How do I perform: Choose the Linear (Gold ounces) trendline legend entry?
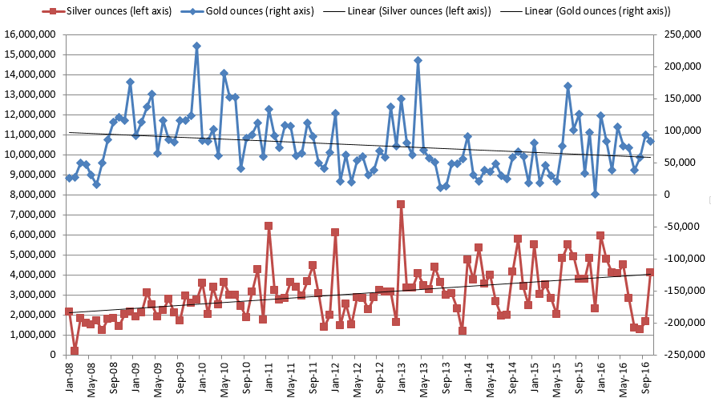click(x=596, y=11)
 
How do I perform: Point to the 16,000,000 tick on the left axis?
click(x=33, y=34)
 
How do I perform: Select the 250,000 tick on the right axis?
click(x=681, y=34)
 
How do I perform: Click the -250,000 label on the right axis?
click(x=682, y=355)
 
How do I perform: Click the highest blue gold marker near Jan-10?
click(x=196, y=46)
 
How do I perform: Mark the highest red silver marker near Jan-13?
click(x=401, y=204)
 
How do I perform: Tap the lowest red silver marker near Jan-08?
click(x=75, y=351)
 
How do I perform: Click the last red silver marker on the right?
click(x=650, y=272)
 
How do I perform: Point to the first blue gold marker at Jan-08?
click(x=69, y=178)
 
